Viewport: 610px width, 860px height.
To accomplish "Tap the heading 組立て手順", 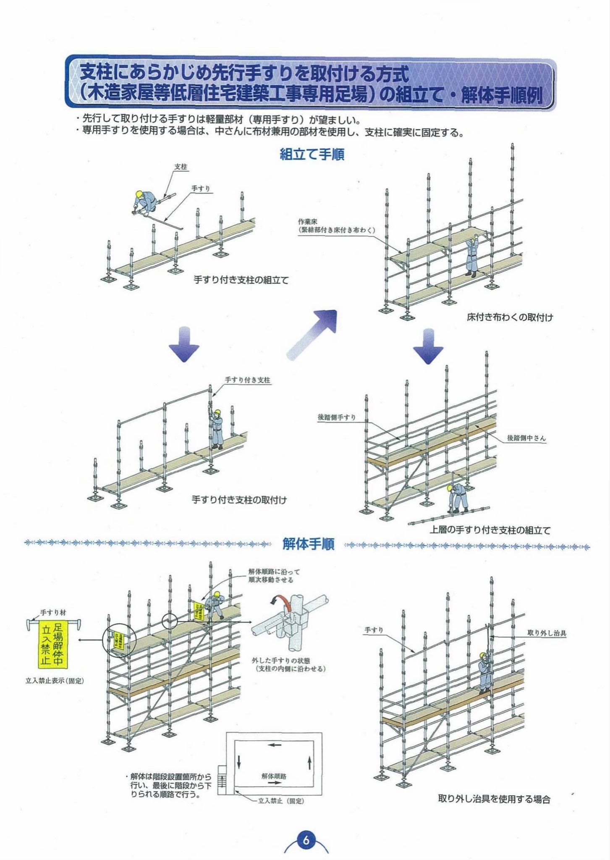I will [312, 155].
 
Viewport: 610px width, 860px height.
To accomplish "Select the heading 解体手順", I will [309, 544].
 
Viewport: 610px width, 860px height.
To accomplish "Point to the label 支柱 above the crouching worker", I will [181, 167].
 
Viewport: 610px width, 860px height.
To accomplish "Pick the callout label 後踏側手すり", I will [337, 417].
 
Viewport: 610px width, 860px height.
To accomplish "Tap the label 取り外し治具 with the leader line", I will [547, 633].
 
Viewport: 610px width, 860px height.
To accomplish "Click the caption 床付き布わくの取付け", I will [510, 317].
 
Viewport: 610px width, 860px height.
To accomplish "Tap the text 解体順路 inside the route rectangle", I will [274, 776].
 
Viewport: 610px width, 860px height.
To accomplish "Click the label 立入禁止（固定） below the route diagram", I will [281, 801].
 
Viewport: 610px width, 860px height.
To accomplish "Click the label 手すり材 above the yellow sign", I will [53, 613].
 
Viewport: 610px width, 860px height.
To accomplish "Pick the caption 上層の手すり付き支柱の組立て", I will [490, 530].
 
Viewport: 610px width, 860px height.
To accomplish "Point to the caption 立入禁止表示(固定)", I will [55, 681].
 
